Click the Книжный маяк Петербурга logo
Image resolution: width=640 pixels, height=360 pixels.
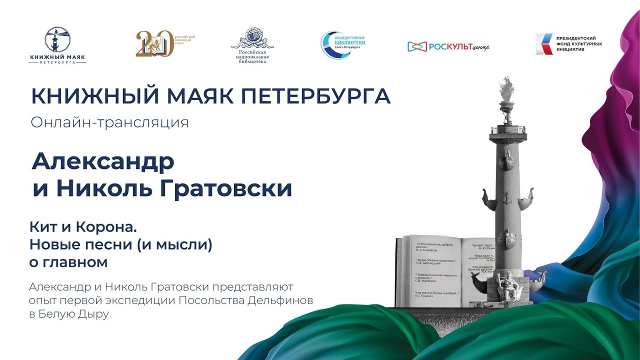(57, 45)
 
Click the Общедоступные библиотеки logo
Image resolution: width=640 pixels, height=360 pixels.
(343, 44)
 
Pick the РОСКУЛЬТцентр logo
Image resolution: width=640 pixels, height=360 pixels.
(448, 46)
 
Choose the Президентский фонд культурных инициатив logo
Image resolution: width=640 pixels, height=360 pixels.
(568, 44)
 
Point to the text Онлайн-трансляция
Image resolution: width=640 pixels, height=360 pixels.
(109, 122)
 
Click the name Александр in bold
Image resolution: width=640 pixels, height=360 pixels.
(103, 161)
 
